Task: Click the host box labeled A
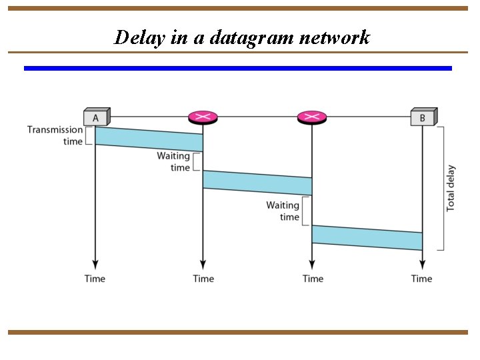pyautogui.click(x=96, y=117)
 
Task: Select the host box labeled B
pyautogui.click(x=423, y=117)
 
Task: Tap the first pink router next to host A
pyautogui.click(x=203, y=117)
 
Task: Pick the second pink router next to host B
pyautogui.click(x=312, y=117)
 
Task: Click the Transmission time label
pyautogui.click(x=55, y=135)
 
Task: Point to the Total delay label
pyautogui.click(x=451, y=188)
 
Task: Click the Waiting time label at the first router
pyautogui.click(x=174, y=162)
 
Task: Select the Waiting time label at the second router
pyautogui.click(x=283, y=211)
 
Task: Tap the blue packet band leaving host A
pyautogui.click(x=149, y=139)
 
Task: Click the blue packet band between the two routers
pyautogui.click(x=257, y=183)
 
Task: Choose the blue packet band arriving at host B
pyautogui.click(x=367, y=237)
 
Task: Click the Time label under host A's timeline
pyautogui.click(x=95, y=278)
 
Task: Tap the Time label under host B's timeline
pyautogui.click(x=421, y=278)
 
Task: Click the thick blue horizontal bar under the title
pyautogui.click(x=238, y=68)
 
